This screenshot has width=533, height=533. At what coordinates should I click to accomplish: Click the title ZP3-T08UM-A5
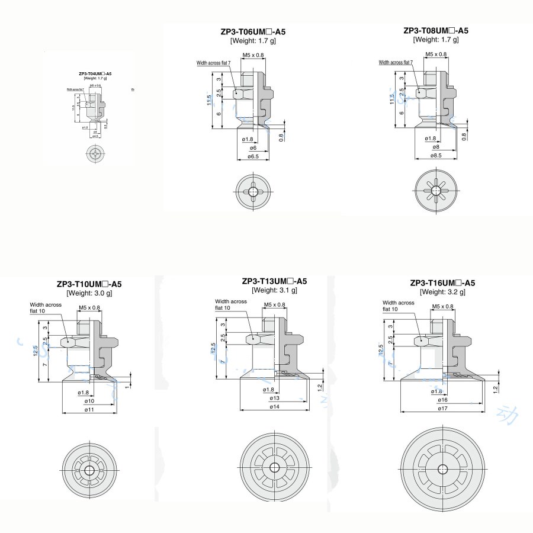coord(435,31)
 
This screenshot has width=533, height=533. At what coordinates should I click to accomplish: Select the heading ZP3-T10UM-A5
coord(89,284)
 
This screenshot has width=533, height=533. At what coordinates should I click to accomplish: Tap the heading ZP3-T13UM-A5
coord(274,281)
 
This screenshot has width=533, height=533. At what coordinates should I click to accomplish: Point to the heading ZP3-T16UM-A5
coord(442,282)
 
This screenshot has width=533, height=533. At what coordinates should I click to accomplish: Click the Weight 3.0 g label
coord(89,293)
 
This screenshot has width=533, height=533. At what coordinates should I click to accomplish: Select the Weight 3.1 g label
coord(274,291)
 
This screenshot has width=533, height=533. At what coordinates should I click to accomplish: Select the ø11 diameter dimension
coord(89,409)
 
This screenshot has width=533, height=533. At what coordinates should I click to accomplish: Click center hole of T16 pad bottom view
coord(442,469)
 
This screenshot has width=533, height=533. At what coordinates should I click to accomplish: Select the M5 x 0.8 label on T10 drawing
coord(89,308)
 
